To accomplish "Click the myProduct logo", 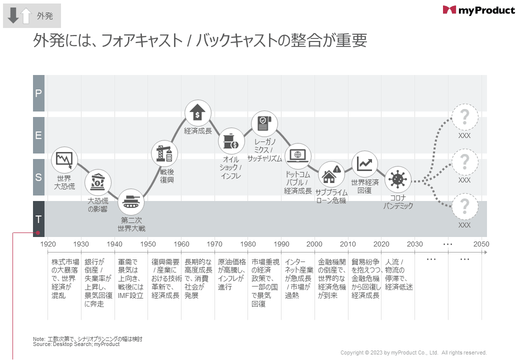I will (478, 10).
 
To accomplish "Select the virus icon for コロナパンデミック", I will (398, 178).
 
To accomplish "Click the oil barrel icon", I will (231, 141).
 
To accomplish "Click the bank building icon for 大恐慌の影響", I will (97, 183).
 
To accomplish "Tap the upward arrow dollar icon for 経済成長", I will (198, 113).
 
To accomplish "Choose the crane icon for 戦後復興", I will (164, 154).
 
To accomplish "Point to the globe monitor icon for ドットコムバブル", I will (297, 155).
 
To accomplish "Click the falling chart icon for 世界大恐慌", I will (64, 160).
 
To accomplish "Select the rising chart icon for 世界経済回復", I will (364, 163).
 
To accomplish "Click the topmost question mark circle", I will (464, 117).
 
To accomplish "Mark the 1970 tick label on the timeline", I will (214, 244).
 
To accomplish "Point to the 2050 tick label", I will (481, 244).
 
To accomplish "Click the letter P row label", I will (38, 93).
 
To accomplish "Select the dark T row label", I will (38, 219).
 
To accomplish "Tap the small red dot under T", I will (37, 233).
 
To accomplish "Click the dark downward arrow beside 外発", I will (13, 15).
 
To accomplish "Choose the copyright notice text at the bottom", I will (413, 352).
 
